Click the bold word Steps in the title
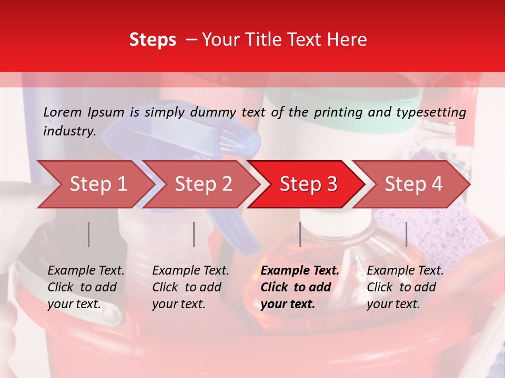tap(153, 40)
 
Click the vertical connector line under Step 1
tap(89, 234)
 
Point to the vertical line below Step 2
tap(194, 234)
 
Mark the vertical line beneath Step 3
tap(300, 234)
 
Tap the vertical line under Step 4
tap(406, 234)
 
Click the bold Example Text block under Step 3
tap(300, 287)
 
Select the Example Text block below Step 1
tap(86, 287)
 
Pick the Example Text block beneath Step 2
tap(190, 287)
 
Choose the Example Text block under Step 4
tap(405, 287)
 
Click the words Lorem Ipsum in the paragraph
tap(84, 112)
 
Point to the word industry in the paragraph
tap(69, 131)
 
